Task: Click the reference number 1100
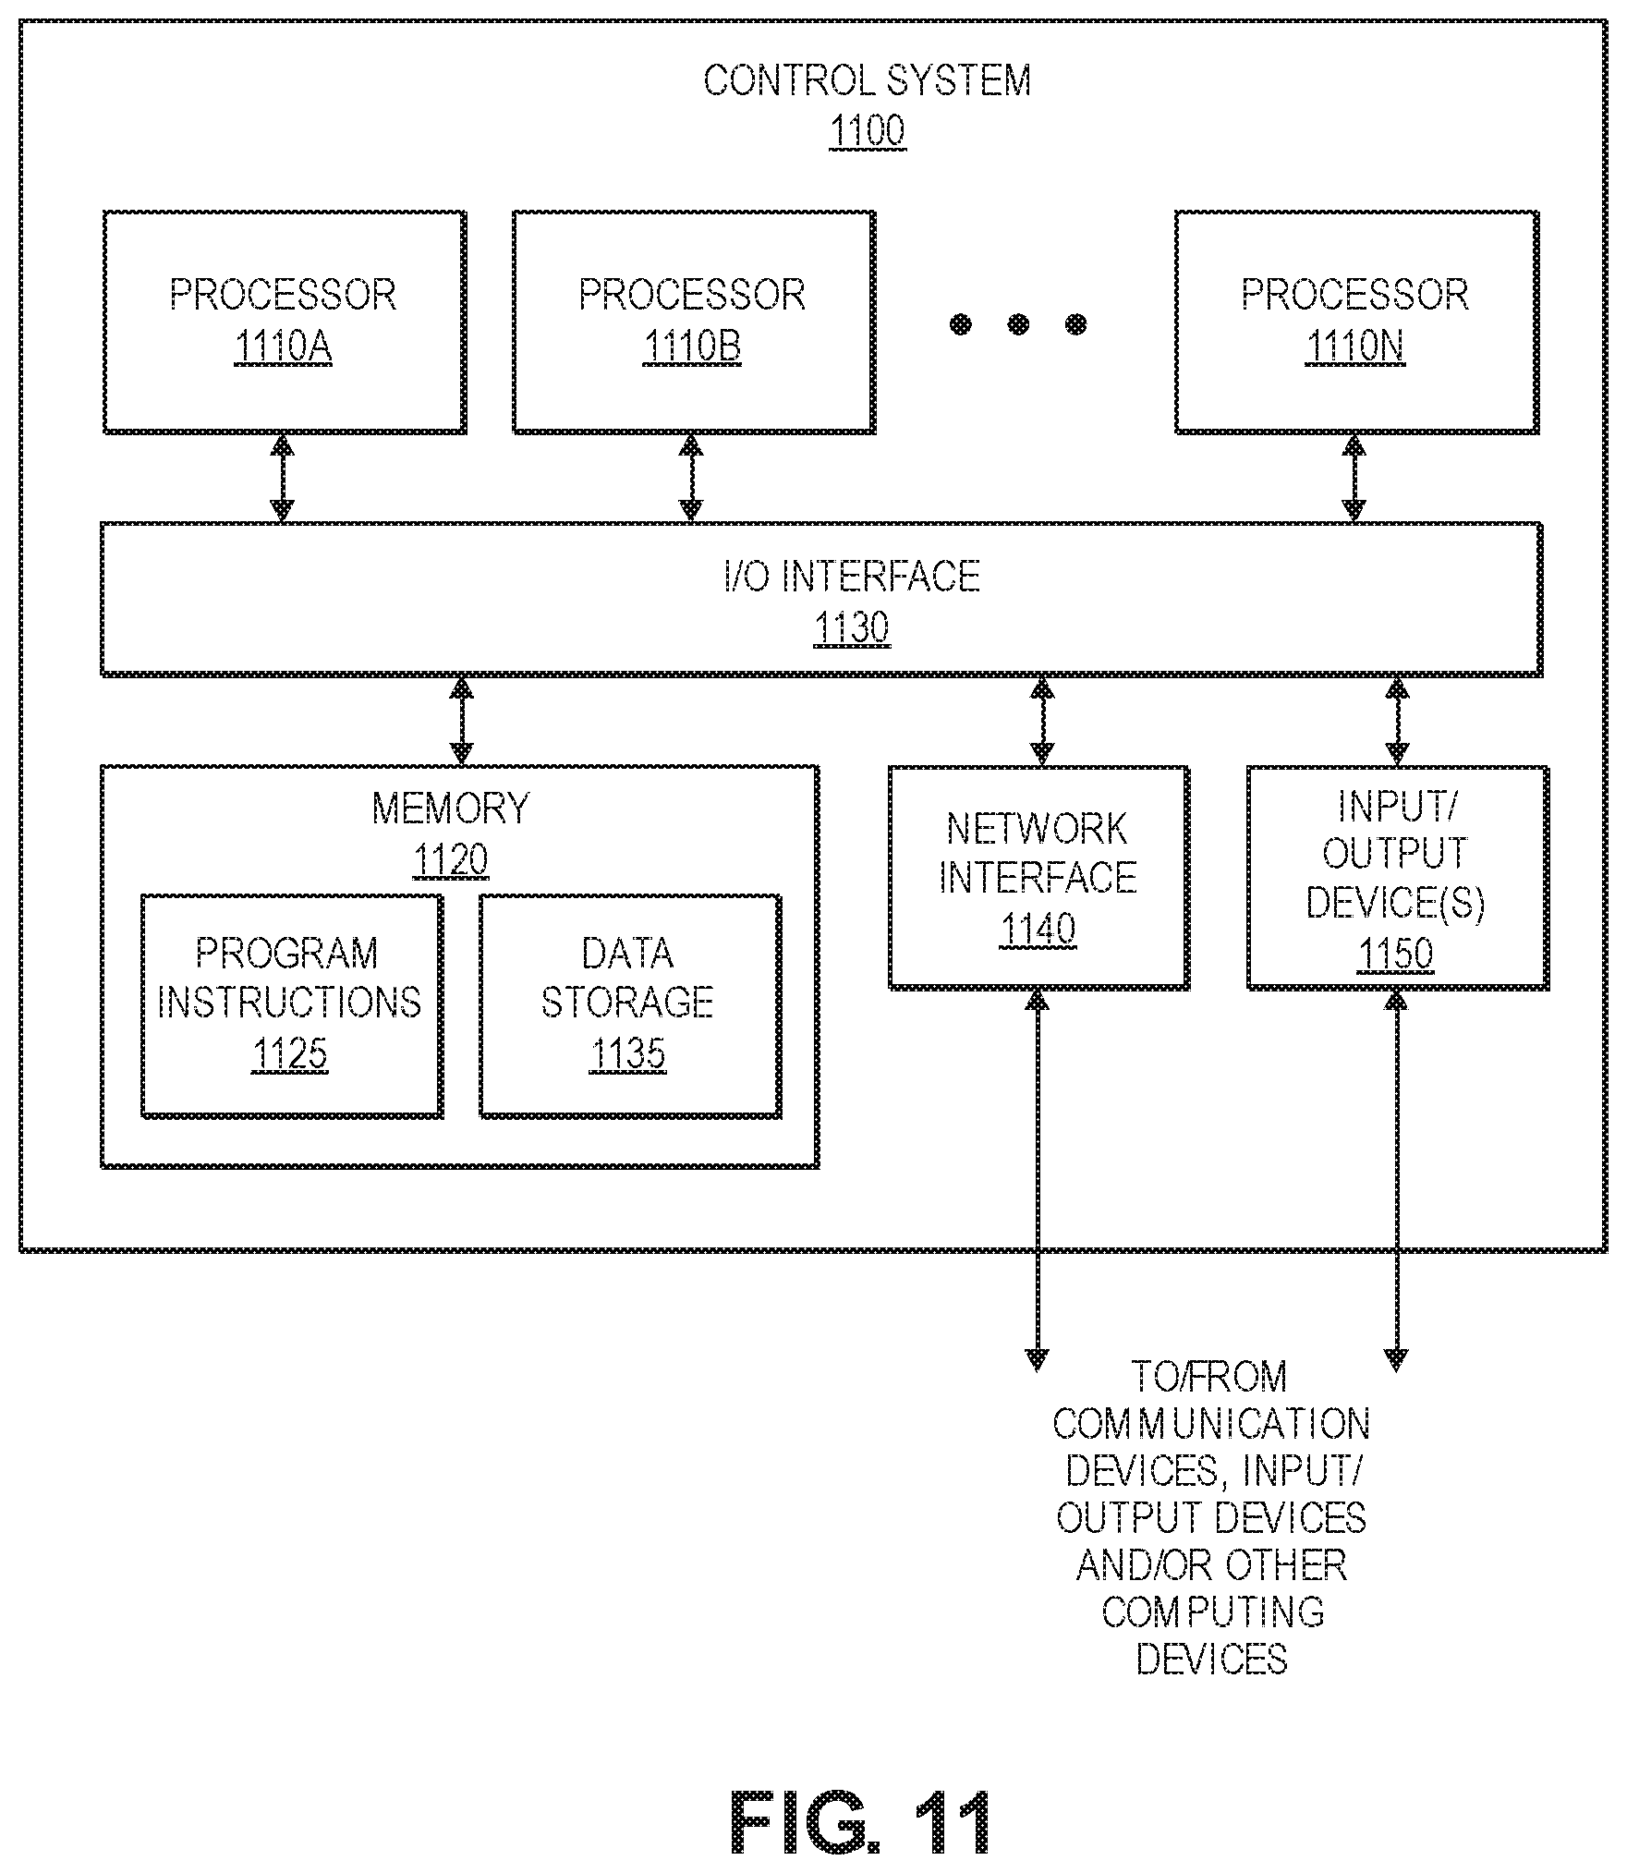tap(867, 131)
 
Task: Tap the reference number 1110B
tap(692, 347)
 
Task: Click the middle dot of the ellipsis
tap(1018, 324)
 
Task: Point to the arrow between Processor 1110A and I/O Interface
tap(282, 479)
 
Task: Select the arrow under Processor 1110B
tap(691, 479)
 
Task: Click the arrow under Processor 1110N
tap(1354, 479)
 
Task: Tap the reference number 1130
tap(852, 628)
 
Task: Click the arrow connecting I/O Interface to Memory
tap(460, 721)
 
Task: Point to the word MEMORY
tap(451, 809)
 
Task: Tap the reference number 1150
tap(1395, 954)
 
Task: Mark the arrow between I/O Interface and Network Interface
tap(1041, 721)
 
